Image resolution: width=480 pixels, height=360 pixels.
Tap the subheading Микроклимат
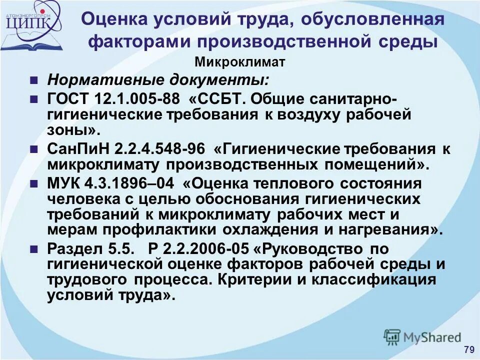(x=239, y=62)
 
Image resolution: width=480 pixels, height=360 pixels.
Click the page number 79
(x=469, y=349)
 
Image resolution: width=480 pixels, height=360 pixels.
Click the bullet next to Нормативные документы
(x=34, y=80)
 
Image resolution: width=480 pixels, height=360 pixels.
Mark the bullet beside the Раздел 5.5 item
(x=34, y=248)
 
